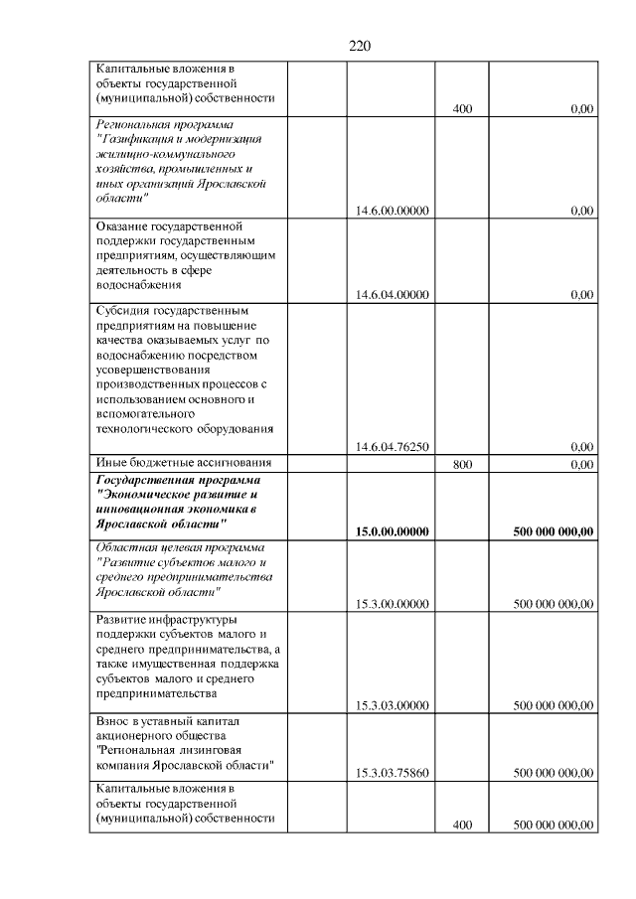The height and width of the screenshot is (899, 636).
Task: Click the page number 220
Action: (360, 46)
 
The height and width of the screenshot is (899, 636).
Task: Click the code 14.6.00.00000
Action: (392, 211)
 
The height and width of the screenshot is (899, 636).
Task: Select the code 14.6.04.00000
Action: (392, 295)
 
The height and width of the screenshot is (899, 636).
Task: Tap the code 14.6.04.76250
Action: (392, 447)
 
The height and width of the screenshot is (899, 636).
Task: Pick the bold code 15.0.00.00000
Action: (392, 532)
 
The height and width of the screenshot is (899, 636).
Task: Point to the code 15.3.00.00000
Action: (392, 603)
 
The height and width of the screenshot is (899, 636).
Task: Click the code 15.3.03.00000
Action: (392, 706)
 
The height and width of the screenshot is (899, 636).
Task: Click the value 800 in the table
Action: (461, 464)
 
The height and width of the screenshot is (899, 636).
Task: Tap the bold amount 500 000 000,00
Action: (554, 532)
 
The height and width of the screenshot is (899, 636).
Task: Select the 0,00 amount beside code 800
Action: (581, 464)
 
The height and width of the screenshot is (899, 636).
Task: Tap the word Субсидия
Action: (124, 310)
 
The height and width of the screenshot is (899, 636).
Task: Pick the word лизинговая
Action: (205, 750)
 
